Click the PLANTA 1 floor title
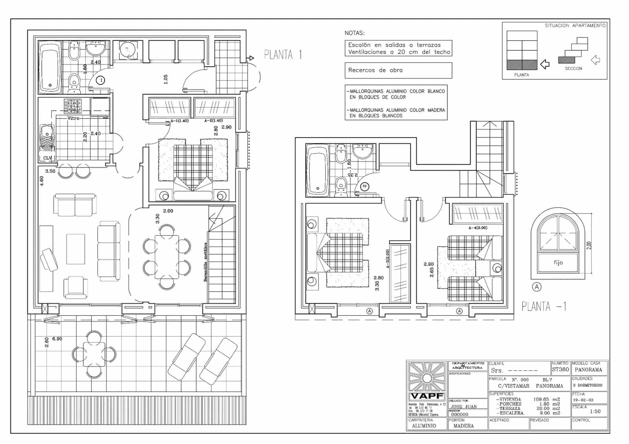283,55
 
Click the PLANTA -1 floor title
544,306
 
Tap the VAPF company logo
427,396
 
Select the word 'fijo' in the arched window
558,262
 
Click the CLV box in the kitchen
47,158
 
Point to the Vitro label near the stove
74,118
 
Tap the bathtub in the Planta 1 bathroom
50,67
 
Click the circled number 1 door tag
101,80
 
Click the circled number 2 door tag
364,186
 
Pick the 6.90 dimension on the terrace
57,339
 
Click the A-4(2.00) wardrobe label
478,228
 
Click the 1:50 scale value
595,411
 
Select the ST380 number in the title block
560,369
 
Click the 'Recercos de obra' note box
398,70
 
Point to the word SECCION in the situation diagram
574,68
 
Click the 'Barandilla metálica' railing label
205,262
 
